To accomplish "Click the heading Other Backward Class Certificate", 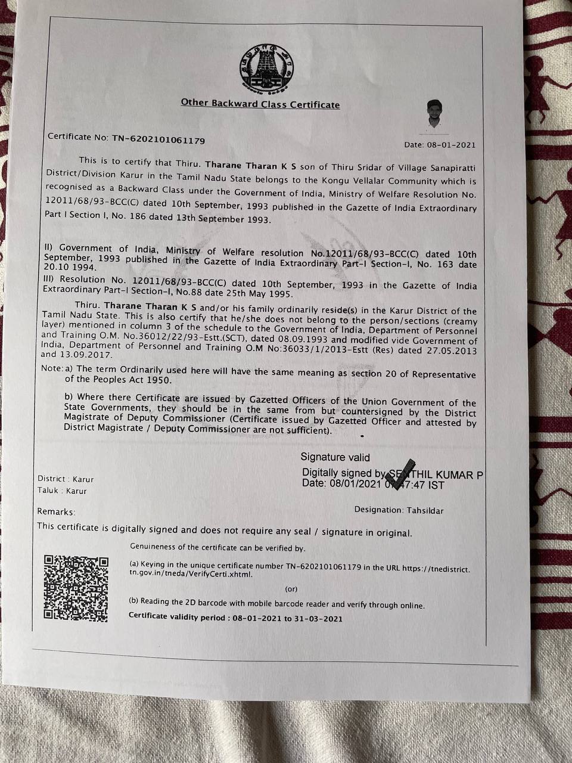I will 260,104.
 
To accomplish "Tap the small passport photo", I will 435,114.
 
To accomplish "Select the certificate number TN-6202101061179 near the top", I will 158,141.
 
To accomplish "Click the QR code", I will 76,588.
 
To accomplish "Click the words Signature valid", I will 335,457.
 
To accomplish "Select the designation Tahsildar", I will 425,510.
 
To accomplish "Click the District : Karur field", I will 66,479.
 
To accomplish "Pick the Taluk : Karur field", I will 62,491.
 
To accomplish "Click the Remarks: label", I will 56,511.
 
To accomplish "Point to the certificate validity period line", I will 235,618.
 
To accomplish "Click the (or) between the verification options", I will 291,589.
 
